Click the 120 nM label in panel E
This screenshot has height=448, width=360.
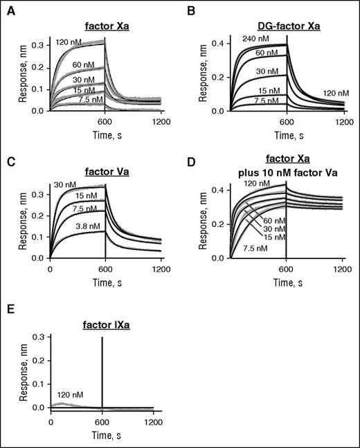tap(69, 396)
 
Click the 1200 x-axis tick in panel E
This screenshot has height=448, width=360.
tap(154, 420)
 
